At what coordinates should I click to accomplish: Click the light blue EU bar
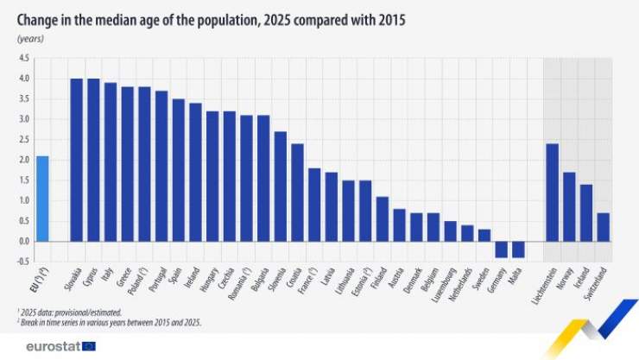coord(42,199)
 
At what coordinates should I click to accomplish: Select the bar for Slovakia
coord(76,160)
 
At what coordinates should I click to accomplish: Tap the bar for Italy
coord(111,162)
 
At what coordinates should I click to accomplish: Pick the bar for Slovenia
coord(280,186)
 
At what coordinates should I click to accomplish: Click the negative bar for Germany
coord(501,249)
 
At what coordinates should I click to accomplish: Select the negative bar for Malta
coord(518,249)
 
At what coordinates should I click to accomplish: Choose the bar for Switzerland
coord(603,227)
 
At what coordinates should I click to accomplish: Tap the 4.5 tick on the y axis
coord(24,58)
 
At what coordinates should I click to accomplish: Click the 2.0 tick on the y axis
coord(24,160)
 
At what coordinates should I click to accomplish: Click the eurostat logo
coord(54,345)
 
